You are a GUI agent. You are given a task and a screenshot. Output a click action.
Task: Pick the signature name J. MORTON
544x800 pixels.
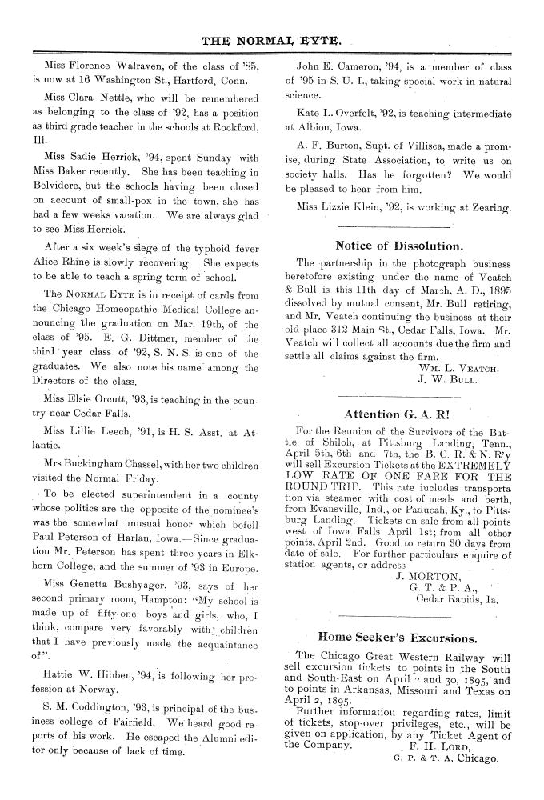[428, 551]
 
